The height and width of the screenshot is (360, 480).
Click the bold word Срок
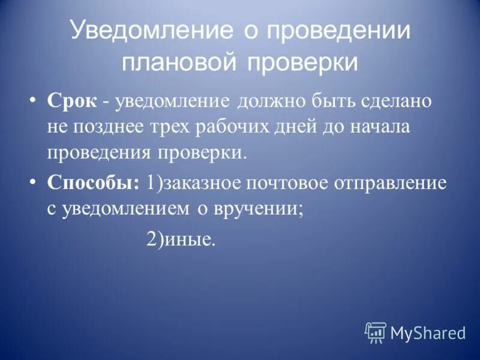point(71,101)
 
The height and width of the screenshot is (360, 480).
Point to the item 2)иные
point(180,240)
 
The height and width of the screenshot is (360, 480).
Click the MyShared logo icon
point(376,332)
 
